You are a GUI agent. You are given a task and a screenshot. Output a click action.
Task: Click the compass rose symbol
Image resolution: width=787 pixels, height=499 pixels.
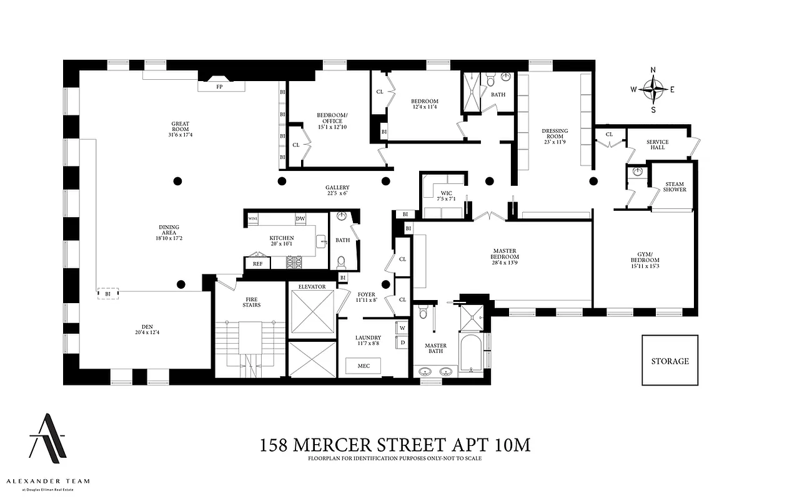(x=653, y=89)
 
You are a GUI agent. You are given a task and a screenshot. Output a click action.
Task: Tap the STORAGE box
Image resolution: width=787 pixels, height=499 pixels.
(x=670, y=361)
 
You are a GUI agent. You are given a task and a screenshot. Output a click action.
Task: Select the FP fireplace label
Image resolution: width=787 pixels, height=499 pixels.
(x=219, y=87)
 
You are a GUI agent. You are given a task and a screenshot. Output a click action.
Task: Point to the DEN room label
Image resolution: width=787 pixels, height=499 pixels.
(x=147, y=329)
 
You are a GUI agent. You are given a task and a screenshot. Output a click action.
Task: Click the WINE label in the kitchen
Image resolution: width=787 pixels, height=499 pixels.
(x=253, y=219)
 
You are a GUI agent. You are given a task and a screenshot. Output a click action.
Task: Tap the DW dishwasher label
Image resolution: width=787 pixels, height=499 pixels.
(x=300, y=219)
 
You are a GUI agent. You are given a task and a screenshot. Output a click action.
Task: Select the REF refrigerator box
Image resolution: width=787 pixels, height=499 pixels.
(x=257, y=264)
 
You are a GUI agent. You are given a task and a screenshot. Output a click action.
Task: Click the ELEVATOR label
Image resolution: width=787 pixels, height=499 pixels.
(x=312, y=287)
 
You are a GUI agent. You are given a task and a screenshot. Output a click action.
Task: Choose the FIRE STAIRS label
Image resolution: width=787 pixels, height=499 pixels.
(x=252, y=302)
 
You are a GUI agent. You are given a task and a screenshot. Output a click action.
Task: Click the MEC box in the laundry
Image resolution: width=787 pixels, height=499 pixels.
(x=364, y=366)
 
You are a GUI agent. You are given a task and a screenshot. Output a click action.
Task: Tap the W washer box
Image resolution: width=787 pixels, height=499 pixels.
(x=402, y=327)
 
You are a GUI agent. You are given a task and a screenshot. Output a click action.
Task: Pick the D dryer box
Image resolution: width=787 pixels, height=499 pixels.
(x=402, y=342)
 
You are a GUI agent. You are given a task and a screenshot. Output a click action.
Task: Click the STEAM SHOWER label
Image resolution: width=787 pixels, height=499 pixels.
(x=675, y=187)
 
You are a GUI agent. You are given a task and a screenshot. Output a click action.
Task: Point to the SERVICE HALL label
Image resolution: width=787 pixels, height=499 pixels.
(x=657, y=145)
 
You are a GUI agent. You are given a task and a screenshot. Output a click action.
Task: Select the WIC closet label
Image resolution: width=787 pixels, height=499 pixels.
(x=446, y=195)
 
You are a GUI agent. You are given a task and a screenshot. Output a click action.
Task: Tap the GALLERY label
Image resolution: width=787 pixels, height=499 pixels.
(x=337, y=190)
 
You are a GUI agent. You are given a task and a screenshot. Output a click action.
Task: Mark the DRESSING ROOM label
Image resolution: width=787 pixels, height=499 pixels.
(x=555, y=137)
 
